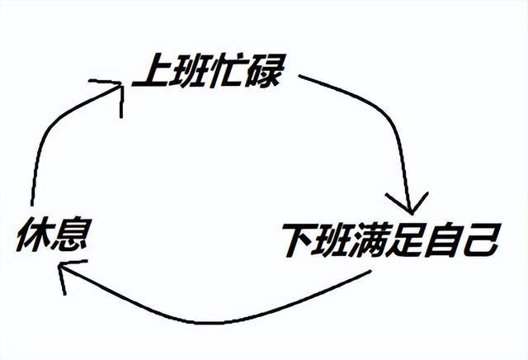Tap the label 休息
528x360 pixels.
[x=53, y=237]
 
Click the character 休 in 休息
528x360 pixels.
[x=33, y=237]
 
